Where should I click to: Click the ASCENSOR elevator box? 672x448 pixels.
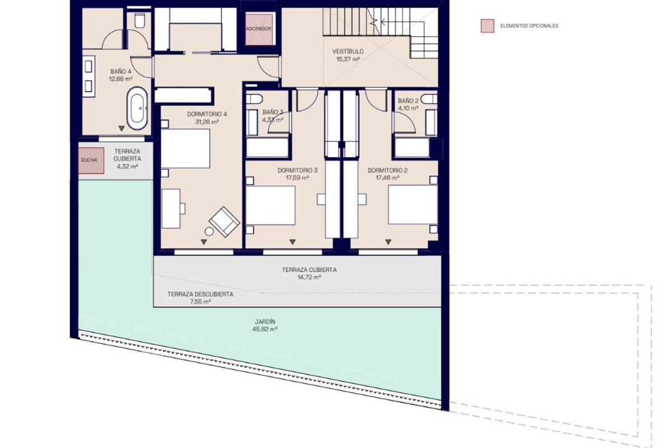tap(259, 29)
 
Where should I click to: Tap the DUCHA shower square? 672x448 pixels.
tap(91, 160)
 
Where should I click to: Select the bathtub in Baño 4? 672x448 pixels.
tap(137, 108)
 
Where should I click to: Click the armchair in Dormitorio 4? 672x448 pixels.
tap(225, 222)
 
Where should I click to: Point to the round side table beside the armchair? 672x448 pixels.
tap(209, 231)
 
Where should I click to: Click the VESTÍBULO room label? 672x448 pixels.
tap(348, 52)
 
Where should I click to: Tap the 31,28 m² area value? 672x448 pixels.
tap(207, 122)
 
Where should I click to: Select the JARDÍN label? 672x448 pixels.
tap(265, 321)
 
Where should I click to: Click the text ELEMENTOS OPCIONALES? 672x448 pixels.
tap(529, 26)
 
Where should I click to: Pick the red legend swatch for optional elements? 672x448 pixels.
tap(488, 26)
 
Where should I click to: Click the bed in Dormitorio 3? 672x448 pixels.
tap(270, 205)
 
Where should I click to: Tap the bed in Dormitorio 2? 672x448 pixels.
tap(413, 204)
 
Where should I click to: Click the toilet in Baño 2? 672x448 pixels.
tap(429, 99)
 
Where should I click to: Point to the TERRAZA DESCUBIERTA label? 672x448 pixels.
tap(200, 295)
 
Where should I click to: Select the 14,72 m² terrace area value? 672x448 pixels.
tap(309, 277)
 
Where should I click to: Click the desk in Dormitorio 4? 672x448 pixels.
tap(171, 208)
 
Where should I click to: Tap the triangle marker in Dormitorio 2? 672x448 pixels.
tap(388, 242)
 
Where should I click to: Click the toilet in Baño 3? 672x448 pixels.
tap(254, 99)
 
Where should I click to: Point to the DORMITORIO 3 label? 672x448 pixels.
tap(297, 170)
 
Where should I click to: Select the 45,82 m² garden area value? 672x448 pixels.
tap(265, 329)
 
